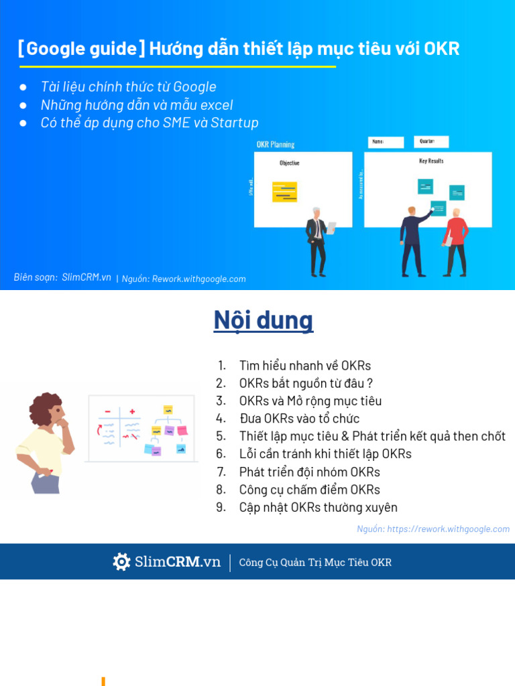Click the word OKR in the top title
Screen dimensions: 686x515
[x=442, y=49]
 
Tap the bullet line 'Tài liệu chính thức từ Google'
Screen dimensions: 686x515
[x=128, y=87]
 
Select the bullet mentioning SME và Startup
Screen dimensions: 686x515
[x=149, y=123]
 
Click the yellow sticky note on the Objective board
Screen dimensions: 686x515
[x=284, y=192]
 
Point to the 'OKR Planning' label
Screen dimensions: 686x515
[x=276, y=144]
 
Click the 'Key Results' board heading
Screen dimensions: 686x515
[x=431, y=161]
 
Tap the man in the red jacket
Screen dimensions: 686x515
[x=456, y=241]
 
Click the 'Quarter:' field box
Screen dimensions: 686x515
[x=431, y=142]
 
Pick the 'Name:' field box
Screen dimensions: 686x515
[x=386, y=142]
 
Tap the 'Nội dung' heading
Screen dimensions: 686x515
[x=263, y=320]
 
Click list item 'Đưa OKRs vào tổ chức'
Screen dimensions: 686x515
[x=299, y=419]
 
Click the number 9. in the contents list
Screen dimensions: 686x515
[x=221, y=507]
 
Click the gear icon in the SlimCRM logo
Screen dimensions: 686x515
[x=121, y=562]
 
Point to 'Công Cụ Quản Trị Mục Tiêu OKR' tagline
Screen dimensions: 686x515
[x=315, y=563]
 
